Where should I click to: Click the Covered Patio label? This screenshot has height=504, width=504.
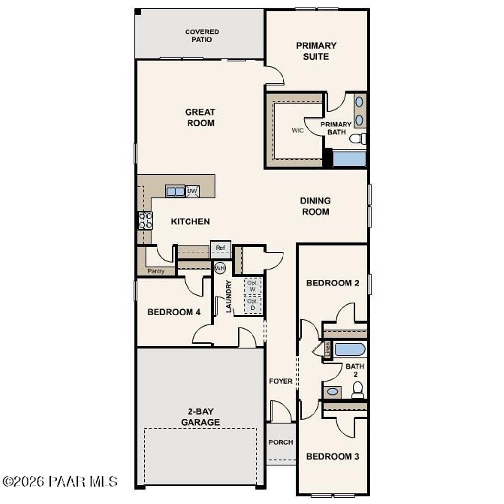click(202, 35)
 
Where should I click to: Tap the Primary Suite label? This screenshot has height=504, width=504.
click(316, 51)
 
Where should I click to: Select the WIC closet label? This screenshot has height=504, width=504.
click(297, 131)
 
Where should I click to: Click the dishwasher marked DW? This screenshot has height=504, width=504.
click(192, 190)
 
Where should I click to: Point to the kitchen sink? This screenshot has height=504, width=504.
click(175, 190)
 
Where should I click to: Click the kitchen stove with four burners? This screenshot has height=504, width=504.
click(145, 220)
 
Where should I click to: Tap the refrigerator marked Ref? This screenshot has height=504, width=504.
click(220, 248)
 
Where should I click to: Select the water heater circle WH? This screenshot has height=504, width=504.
click(219, 268)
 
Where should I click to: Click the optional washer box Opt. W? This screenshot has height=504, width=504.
click(252, 286)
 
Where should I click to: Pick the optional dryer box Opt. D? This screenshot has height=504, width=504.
click(252, 304)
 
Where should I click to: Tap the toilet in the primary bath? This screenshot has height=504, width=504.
click(358, 139)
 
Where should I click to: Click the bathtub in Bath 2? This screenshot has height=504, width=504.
click(350, 350)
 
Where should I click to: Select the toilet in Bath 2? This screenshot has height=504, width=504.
click(358, 390)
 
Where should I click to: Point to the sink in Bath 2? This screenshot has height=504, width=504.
click(333, 392)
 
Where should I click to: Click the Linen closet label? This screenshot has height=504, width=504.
click(328, 349)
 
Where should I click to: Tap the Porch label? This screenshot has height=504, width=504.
click(281, 442)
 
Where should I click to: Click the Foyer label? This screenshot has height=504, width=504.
click(281, 381)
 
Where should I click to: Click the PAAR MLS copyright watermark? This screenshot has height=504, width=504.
click(60, 481)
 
